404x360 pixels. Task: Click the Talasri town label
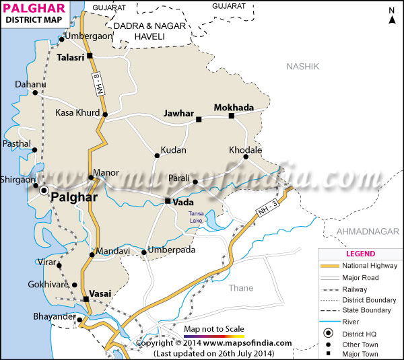click(70, 57)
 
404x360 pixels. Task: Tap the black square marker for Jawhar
click(199, 120)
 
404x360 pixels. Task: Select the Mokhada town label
click(234, 107)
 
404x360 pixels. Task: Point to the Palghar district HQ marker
click(44, 191)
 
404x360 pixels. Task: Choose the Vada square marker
click(168, 201)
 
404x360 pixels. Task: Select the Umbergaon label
click(88, 36)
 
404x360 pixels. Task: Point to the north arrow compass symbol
click(391, 15)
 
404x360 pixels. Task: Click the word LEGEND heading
click(361, 254)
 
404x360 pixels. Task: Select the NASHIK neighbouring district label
click(302, 66)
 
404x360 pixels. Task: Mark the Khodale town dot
click(246, 157)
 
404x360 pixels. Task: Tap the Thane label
click(240, 288)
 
